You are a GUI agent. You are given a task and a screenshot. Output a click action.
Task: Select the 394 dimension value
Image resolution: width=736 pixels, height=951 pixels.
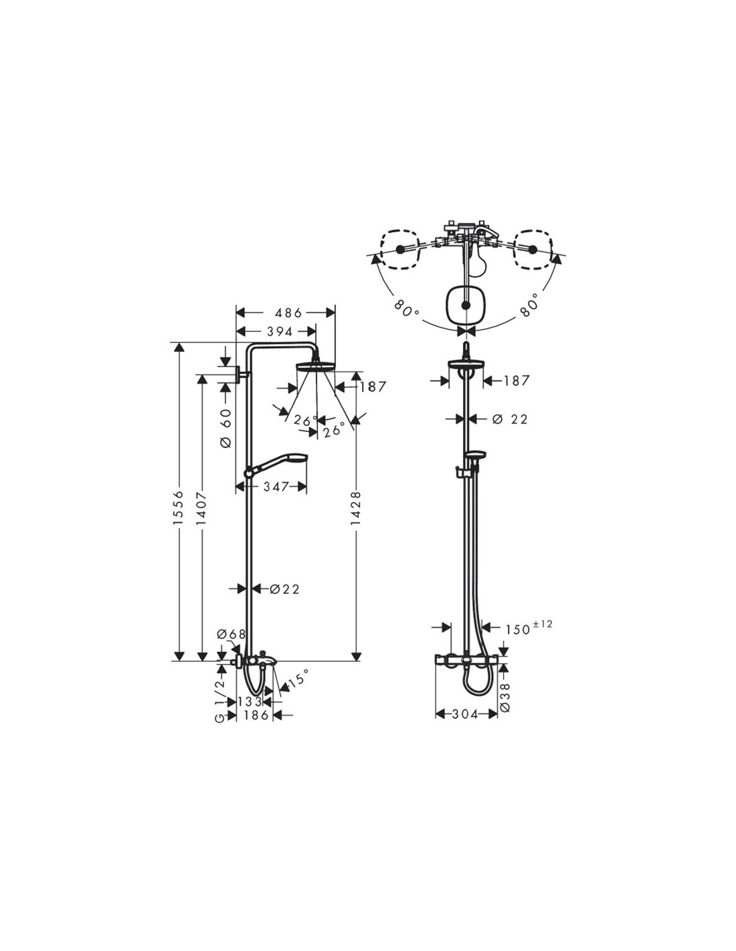280,332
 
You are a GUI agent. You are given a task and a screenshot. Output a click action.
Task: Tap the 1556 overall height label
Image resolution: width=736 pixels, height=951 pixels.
178,507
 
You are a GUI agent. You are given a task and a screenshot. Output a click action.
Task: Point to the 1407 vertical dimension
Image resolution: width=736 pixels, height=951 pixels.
201,508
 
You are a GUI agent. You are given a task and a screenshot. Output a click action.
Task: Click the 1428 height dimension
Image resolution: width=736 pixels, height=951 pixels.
357,508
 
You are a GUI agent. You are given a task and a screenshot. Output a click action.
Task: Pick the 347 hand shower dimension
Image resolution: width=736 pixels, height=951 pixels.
276,486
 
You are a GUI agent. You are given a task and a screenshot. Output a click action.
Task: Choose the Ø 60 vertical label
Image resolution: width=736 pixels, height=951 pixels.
226,428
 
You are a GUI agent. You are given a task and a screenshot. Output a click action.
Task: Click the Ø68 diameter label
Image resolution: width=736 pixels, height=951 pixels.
232,633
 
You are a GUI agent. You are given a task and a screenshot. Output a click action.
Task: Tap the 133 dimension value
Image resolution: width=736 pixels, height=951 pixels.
250,702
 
